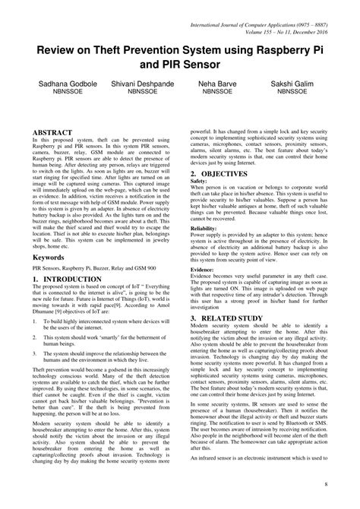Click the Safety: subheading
coord(198,182)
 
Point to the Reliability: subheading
coord(203,228)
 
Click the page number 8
coord(326,484)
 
